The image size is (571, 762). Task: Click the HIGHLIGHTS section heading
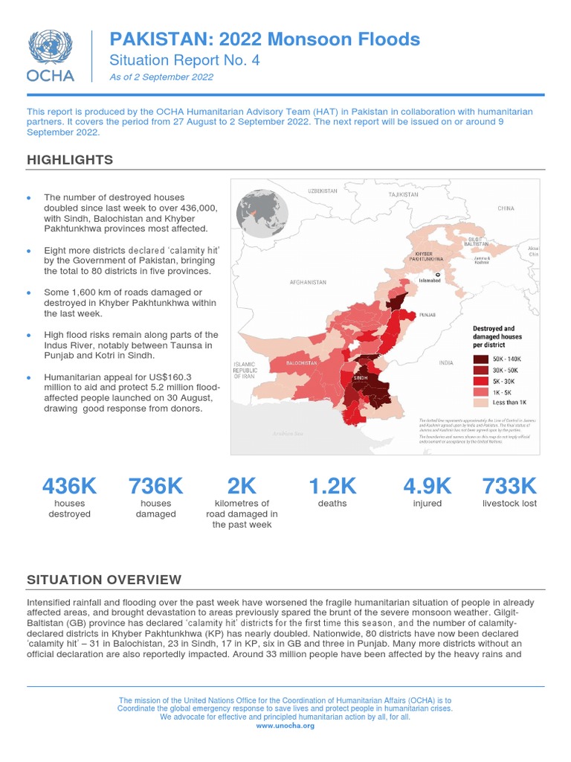click(70, 160)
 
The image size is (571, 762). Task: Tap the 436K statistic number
click(69, 486)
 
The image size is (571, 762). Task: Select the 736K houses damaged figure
click(155, 486)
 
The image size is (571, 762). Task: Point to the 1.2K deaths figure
click(332, 486)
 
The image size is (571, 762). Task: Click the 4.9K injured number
click(427, 486)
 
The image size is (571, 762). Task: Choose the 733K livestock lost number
click(509, 486)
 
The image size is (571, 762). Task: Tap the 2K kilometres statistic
click(242, 486)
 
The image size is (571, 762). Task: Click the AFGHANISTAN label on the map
click(309, 283)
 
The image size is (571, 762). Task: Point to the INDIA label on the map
click(445, 363)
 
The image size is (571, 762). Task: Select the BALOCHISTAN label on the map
click(303, 362)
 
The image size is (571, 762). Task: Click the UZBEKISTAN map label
click(323, 191)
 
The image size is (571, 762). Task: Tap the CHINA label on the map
click(506, 209)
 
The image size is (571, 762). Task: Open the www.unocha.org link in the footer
click(285, 726)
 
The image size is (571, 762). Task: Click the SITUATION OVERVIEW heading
click(103, 580)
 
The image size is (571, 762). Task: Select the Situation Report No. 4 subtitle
click(184, 61)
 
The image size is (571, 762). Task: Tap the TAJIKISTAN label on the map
click(404, 194)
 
